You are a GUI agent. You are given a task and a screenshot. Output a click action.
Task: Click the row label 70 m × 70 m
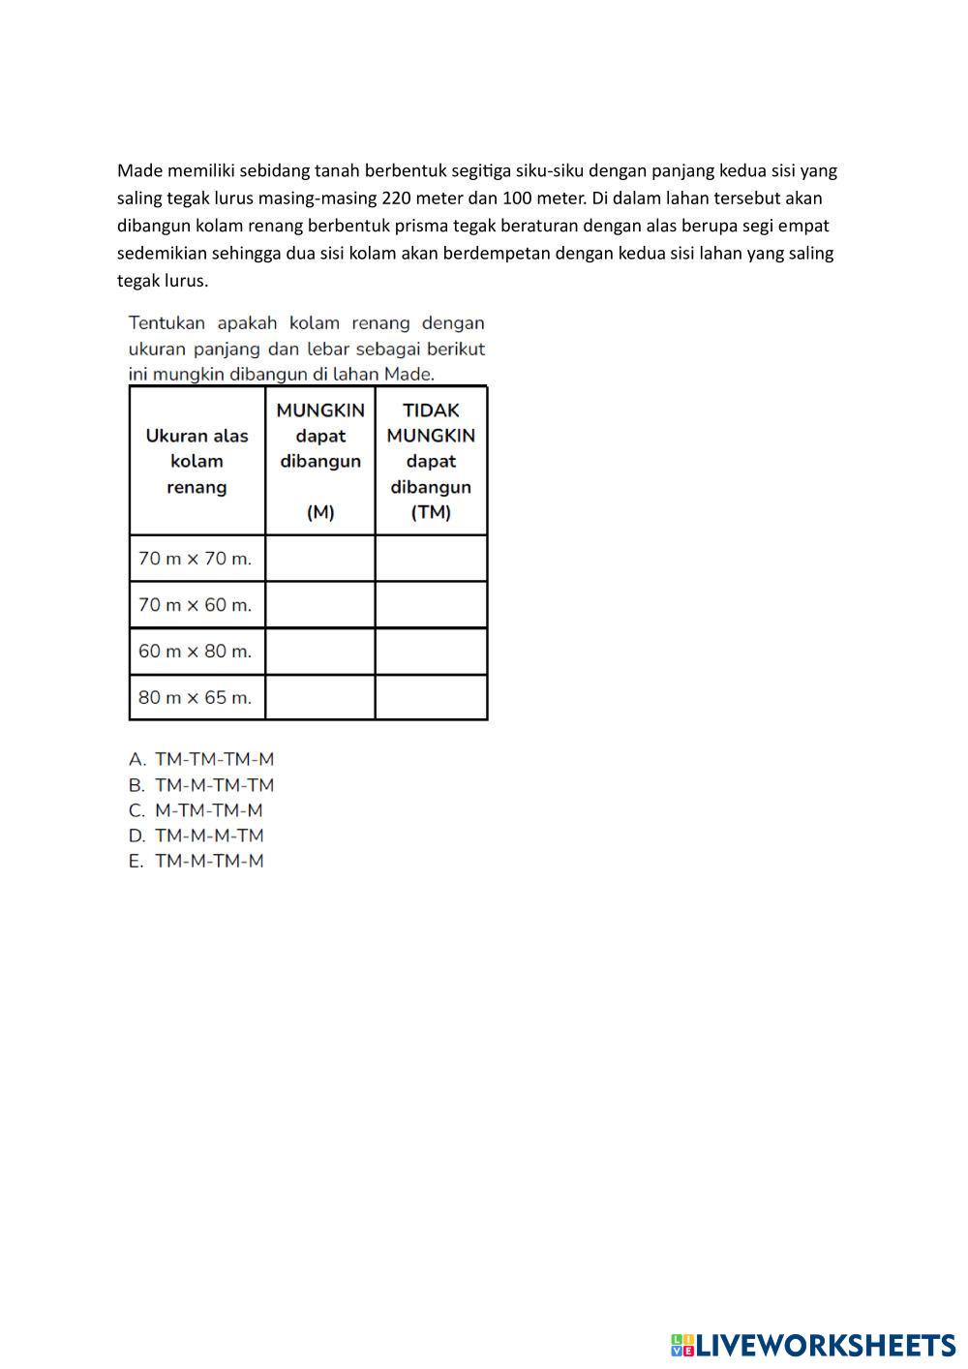pos(196,559)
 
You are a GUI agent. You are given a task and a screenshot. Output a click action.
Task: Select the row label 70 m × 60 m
pos(196,605)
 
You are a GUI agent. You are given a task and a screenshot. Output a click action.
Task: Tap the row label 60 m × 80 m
pos(196,652)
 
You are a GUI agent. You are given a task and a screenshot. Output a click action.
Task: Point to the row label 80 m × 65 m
pos(196,697)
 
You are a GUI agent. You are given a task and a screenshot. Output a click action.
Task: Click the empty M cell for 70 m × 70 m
pos(320,559)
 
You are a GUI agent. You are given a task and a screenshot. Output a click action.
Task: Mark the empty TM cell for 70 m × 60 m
pos(431,605)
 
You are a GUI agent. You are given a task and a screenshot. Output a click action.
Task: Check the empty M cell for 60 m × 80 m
pos(320,652)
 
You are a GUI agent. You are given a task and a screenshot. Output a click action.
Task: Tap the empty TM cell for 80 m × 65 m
pos(431,697)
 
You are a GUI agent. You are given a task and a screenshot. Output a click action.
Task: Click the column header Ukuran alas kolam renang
pos(197,461)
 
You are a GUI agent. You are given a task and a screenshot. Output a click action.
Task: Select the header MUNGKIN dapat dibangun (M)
pos(320,461)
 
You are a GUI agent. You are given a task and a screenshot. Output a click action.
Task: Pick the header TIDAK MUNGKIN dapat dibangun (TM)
pos(431,461)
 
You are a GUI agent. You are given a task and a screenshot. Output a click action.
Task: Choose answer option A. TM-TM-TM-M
pos(202,759)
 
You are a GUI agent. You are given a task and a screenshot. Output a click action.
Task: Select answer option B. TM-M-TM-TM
pos(202,785)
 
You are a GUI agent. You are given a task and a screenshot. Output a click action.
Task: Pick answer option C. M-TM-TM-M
pos(197,810)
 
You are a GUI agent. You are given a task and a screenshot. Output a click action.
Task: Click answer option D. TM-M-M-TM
pos(197,836)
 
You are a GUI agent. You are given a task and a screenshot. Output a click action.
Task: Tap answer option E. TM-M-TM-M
pos(197,861)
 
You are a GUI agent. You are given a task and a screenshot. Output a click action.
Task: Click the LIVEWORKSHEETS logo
pos(813,1345)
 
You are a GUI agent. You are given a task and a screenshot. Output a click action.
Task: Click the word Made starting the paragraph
pos(139,171)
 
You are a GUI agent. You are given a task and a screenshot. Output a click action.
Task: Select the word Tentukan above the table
pos(166,323)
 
